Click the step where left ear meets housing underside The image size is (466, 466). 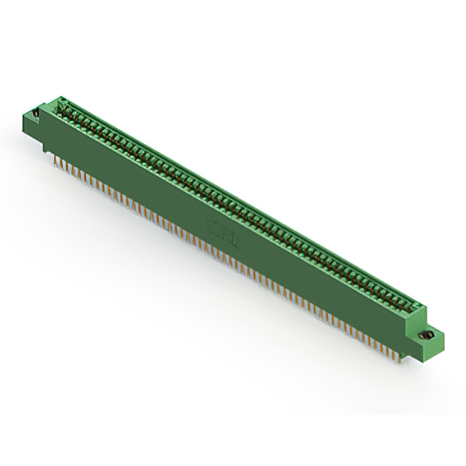click(45, 141)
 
